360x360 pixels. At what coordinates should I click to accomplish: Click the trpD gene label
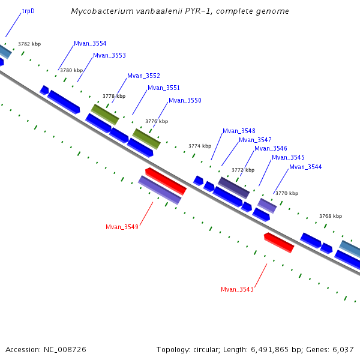coord(28,11)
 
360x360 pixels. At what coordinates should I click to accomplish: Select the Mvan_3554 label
coord(90,43)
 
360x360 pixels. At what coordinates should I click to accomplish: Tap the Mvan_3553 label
coord(109,55)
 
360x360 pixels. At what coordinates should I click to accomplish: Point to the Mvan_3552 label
coord(143,76)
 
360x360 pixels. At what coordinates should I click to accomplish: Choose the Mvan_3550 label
coord(185,100)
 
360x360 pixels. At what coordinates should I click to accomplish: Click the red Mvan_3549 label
coord(122,227)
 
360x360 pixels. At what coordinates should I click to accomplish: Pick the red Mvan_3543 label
coord(237,289)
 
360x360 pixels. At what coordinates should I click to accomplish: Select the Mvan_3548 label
coord(239,131)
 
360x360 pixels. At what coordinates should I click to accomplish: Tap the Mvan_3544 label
coord(305,167)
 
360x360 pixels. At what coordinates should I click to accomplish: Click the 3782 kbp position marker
coord(29,44)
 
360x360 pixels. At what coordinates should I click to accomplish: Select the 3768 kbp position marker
coord(331,216)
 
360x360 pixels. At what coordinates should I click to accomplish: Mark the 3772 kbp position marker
coord(243,170)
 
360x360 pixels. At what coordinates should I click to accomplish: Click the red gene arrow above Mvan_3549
coord(166,181)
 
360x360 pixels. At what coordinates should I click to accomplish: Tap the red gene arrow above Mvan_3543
coord(279,242)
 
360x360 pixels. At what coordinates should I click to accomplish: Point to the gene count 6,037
coord(343,349)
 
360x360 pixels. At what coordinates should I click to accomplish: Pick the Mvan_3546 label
coord(271,148)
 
